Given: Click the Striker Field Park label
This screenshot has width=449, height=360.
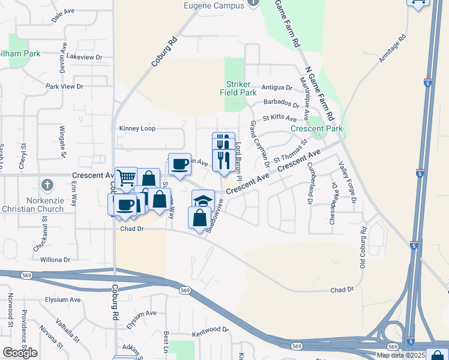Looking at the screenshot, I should point(241,89).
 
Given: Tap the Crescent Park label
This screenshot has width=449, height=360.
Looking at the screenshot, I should point(316,129).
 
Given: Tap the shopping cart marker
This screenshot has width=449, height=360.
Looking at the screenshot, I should point(126,177).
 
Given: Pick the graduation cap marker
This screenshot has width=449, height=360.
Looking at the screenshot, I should point(203,200).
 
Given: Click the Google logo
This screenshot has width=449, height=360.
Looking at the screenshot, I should point(20,353).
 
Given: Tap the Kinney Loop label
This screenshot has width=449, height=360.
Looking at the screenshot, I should point(137,128).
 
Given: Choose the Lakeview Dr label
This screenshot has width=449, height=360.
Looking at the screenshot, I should point(85,57).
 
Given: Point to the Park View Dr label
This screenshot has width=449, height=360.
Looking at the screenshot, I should point(64,86).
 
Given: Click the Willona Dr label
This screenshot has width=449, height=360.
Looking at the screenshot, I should point(55,260).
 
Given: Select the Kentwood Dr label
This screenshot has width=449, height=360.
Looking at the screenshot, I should point(210,330).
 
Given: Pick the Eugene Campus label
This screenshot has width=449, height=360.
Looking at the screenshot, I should point(215,6).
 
